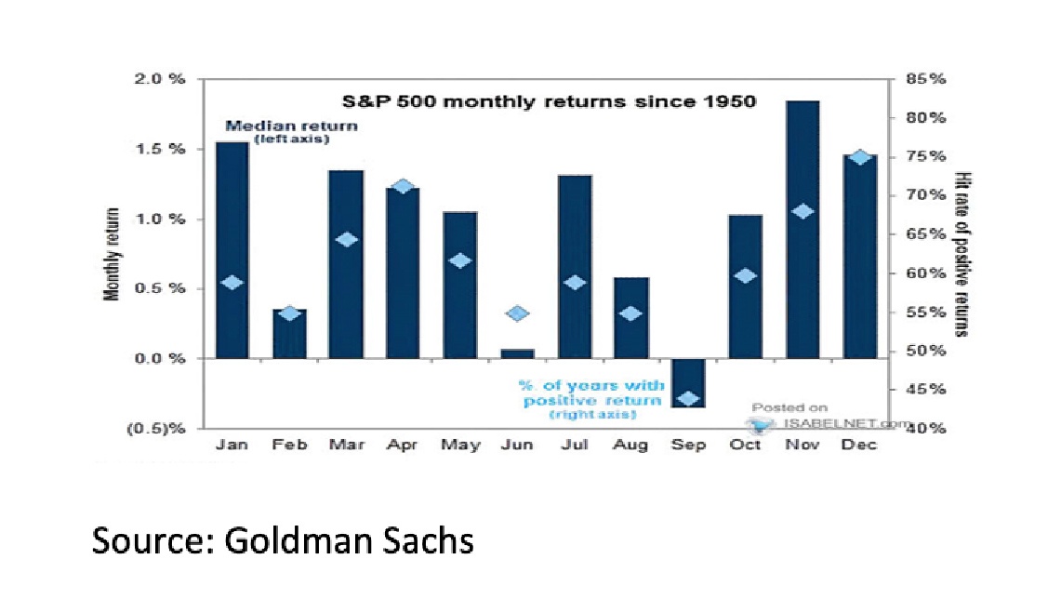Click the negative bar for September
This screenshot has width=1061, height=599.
688,382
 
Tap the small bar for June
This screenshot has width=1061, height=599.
517,353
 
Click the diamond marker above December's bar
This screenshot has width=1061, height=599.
860,157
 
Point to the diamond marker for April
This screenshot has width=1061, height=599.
403,186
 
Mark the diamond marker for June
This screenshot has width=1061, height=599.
517,313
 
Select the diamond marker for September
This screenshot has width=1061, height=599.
688,398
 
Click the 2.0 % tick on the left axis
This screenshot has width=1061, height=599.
164,79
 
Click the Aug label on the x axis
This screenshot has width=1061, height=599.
630,445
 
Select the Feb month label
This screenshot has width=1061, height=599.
289,445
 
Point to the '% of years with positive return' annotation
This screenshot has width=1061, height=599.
592,393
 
